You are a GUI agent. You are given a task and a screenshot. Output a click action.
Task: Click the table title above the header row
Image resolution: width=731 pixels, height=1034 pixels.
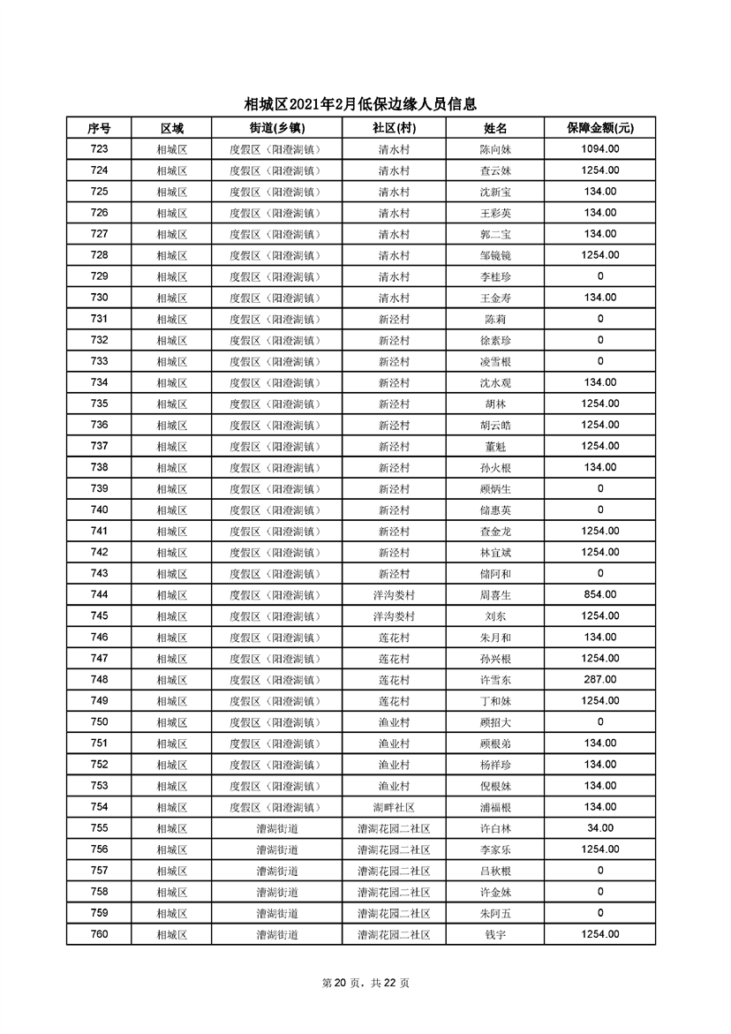pyautogui.click(x=365, y=104)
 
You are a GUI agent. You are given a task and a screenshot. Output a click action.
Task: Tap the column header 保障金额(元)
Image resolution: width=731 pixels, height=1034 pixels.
pyautogui.click(x=599, y=128)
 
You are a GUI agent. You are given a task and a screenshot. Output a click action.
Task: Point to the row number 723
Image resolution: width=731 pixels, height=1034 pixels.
pyautogui.click(x=99, y=149)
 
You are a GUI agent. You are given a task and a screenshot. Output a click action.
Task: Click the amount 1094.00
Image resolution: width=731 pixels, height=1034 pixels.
pyautogui.click(x=599, y=149)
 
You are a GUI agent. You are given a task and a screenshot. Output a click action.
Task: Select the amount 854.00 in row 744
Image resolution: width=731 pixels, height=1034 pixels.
pyautogui.click(x=599, y=595)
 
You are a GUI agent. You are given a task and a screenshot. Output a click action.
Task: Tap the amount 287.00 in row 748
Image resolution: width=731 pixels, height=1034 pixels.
pyautogui.click(x=599, y=680)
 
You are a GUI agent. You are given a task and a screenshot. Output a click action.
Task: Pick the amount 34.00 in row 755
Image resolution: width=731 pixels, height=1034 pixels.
pyautogui.click(x=599, y=828)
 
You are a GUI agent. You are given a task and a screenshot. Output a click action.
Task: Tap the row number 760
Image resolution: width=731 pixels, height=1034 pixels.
pyautogui.click(x=99, y=934)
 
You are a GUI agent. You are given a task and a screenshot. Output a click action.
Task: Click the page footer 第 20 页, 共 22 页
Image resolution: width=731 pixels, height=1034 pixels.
pyautogui.click(x=365, y=983)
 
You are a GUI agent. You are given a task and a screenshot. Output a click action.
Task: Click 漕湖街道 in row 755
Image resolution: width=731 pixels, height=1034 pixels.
pyautogui.click(x=276, y=828)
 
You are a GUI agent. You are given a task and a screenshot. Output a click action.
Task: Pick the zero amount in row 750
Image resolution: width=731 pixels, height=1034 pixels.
pyautogui.click(x=599, y=722)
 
